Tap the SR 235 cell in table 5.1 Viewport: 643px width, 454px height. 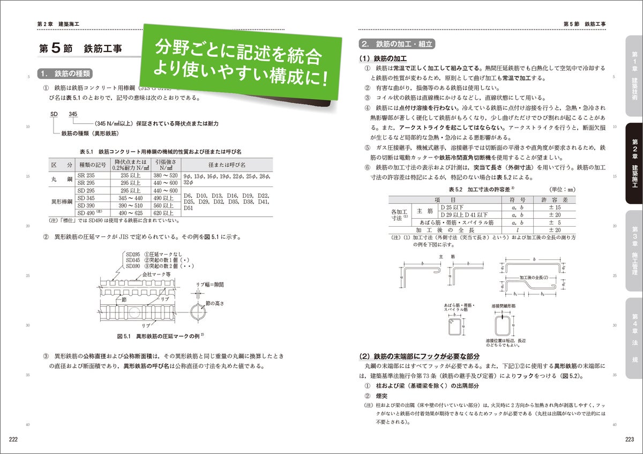click(x=93, y=175)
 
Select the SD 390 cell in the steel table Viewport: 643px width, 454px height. click(x=93, y=205)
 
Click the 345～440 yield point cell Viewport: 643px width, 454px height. click(x=130, y=198)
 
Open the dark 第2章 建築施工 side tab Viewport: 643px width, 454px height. click(x=634, y=164)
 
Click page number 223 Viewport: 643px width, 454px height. click(x=630, y=440)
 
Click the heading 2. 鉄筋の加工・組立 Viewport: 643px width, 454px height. click(x=397, y=44)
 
